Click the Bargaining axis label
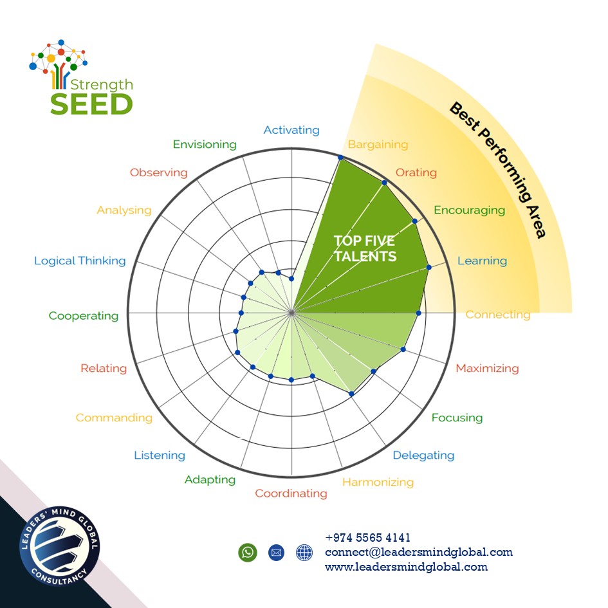coord(378,144)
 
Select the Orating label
coord(416,172)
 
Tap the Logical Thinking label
coord(80,261)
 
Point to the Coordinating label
coord(291,493)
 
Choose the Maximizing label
coord(487,369)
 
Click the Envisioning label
coord(205,144)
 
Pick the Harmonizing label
coord(378,482)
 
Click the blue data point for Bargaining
coord(340,158)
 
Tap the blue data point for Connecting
coord(418,313)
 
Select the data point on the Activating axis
coord(291,279)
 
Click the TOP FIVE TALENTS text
coord(365,248)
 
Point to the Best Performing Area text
coord(497,170)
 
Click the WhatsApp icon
coord(247,552)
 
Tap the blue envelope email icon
coord(276,552)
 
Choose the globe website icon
coord(304,552)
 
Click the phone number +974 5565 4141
coord(367,538)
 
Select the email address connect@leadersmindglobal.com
coord(418,552)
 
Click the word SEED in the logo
coord(91,104)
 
